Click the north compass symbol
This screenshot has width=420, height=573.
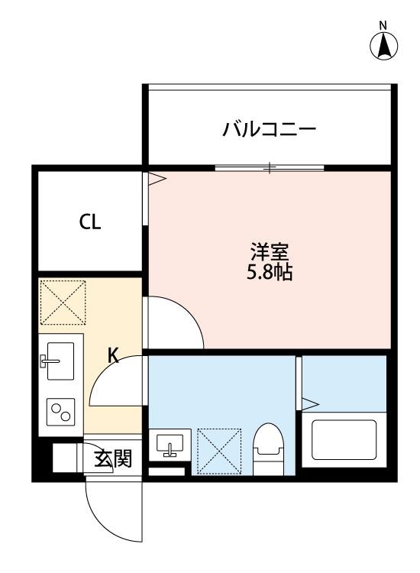click(x=385, y=46)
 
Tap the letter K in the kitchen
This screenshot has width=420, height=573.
click(x=112, y=354)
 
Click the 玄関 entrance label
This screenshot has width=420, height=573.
click(x=112, y=458)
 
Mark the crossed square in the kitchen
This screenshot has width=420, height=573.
click(x=63, y=302)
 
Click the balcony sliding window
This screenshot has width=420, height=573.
click(x=269, y=168)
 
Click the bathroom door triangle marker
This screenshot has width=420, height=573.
click(x=310, y=402)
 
